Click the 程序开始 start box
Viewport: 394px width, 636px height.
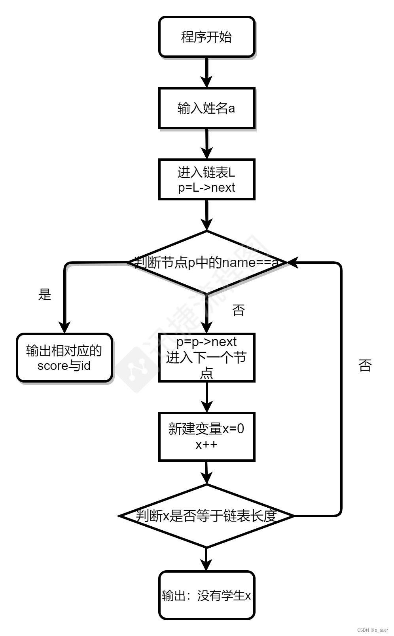pyautogui.click(x=206, y=37)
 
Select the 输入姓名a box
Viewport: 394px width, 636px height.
pyautogui.click(x=206, y=108)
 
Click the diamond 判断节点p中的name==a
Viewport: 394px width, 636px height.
pyautogui.click(x=206, y=262)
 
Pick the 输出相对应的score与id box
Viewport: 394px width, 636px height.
pyautogui.click(x=64, y=358)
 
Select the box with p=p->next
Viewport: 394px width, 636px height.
pyautogui.click(x=206, y=357)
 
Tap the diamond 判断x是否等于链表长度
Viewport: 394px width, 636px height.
pyautogui.click(x=206, y=516)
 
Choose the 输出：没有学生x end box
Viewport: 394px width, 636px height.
pyautogui.click(x=206, y=595)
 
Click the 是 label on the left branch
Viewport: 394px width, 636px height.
pyautogui.click(x=45, y=294)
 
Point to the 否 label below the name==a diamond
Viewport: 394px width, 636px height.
pyautogui.click(x=238, y=310)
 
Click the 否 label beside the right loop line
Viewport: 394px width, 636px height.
pyautogui.click(x=365, y=365)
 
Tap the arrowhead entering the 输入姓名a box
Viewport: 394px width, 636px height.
pyautogui.click(x=206, y=82)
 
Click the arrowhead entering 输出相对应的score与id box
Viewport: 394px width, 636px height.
pyautogui.click(x=64, y=328)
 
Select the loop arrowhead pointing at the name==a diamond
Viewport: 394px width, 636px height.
pyautogui.click(x=292, y=262)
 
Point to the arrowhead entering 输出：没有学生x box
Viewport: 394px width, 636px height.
pyautogui.click(x=206, y=565)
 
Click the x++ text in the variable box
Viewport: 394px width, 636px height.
pyautogui.click(x=206, y=444)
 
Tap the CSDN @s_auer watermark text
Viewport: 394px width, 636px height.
pyautogui.click(x=372, y=630)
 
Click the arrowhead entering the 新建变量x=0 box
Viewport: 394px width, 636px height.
pyautogui.click(x=206, y=407)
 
